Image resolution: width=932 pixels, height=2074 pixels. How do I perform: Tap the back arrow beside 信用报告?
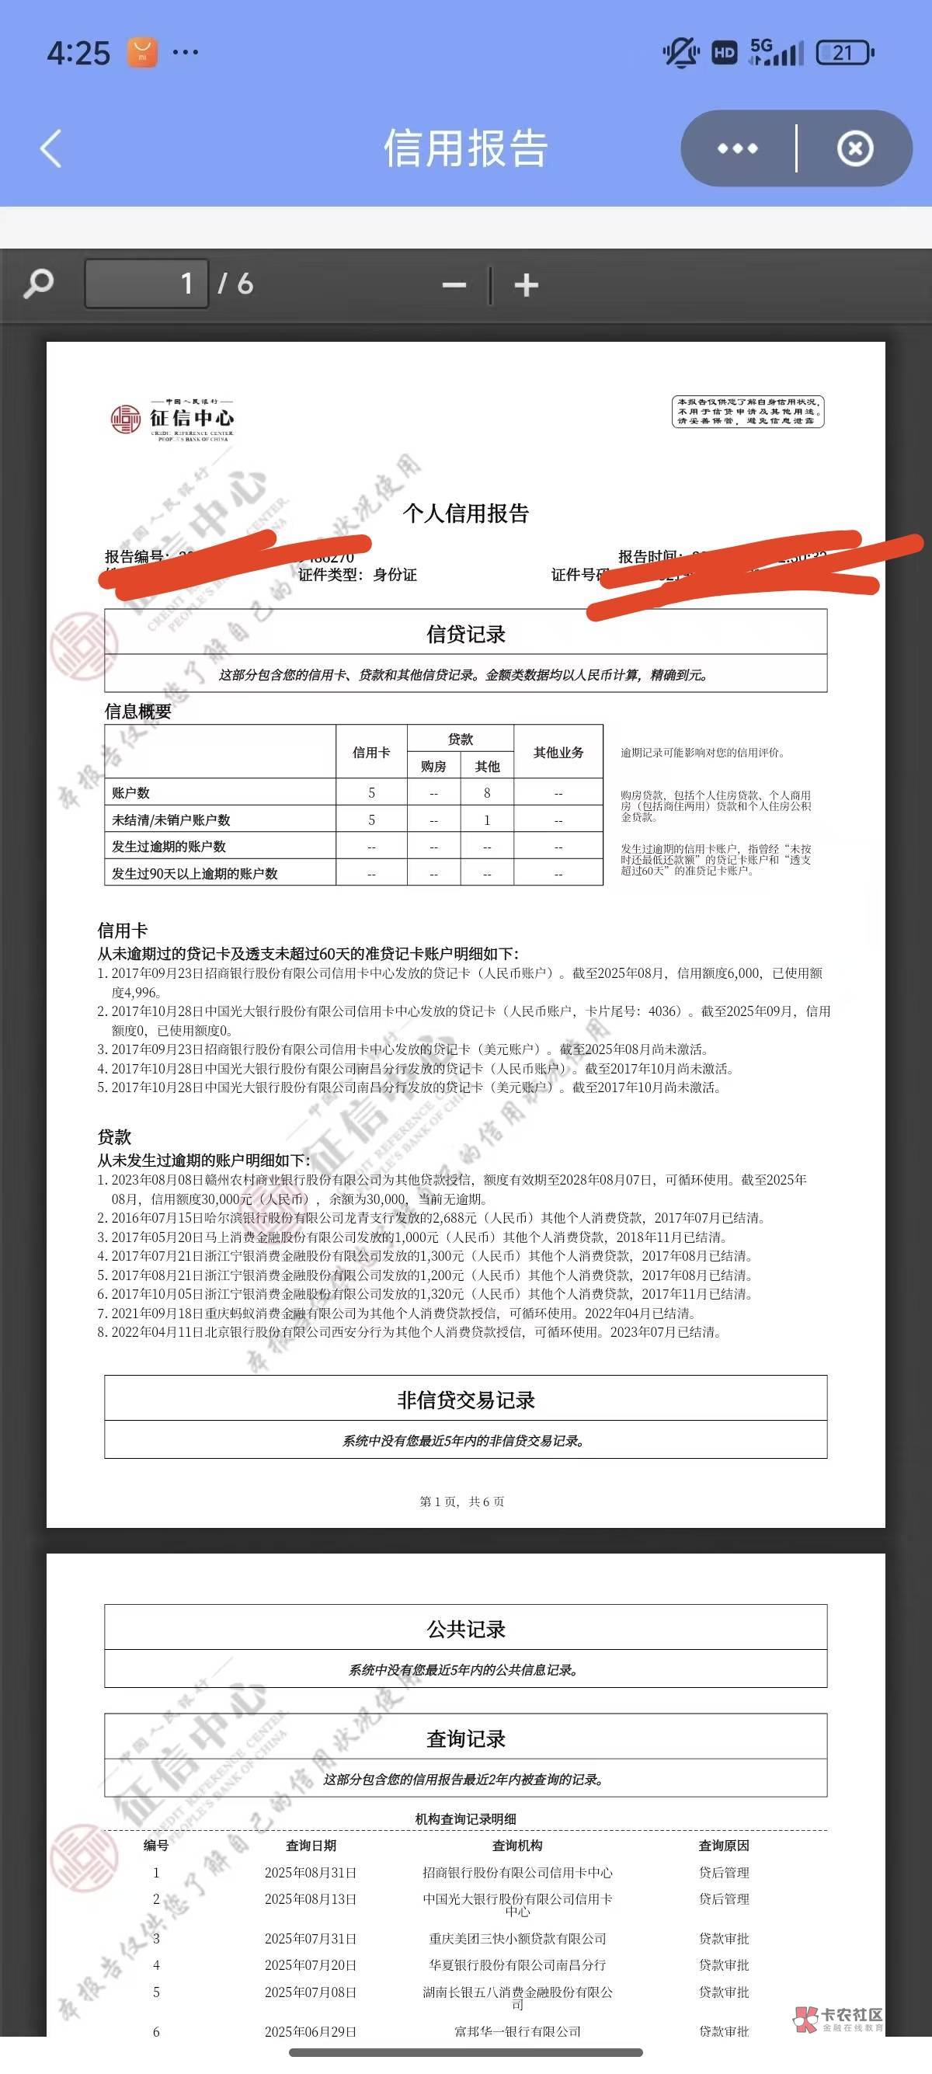50,149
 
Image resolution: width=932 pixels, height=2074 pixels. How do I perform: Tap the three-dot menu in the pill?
737,149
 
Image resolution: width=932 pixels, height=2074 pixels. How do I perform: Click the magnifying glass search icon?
39,284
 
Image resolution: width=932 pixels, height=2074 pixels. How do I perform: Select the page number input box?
147,284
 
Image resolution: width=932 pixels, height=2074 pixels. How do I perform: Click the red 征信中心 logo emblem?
126,419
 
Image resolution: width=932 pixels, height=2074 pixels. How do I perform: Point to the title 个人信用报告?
465,513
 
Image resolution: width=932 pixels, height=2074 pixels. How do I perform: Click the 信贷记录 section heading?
465,635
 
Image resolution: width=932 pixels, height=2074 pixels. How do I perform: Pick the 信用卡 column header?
371,752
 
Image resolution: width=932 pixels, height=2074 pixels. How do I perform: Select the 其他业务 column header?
558,752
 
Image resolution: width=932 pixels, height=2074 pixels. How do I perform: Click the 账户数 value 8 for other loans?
487,793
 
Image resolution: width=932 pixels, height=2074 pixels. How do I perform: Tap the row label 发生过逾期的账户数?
169,846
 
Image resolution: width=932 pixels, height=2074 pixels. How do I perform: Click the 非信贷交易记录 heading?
465,1400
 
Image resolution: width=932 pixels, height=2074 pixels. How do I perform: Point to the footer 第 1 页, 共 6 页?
462,1502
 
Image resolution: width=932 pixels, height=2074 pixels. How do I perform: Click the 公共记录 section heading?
465,1630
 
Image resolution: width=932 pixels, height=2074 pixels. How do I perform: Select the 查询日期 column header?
311,1846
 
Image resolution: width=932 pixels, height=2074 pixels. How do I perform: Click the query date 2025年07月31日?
311,1939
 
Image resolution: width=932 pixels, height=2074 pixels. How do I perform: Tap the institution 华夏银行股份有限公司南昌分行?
516,1965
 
